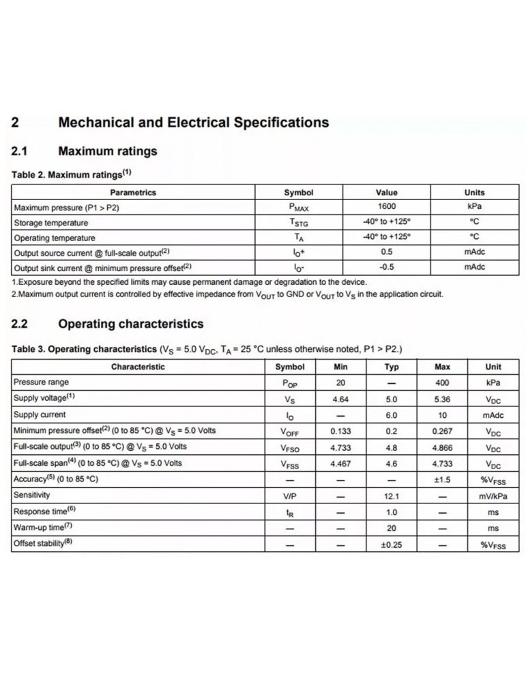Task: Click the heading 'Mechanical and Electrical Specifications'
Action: [x=194, y=123]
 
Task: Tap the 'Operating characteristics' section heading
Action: [x=131, y=323]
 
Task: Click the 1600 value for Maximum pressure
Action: [x=386, y=207]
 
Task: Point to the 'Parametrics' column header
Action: [x=133, y=193]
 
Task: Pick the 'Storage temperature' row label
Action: [x=51, y=223]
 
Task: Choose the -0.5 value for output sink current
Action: [x=386, y=267]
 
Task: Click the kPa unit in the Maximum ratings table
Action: [x=474, y=207]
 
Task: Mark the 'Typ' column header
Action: [x=392, y=367]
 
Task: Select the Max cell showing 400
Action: [x=442, y=382]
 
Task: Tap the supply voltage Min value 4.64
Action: [x=340, y=398]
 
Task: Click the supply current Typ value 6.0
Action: [x=392, y=415]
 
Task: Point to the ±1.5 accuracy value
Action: [x=442, y=479]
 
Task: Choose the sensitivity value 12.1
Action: [x=392, y=495]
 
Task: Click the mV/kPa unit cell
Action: [x=493, y=495]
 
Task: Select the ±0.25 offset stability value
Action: [x=392, y=544]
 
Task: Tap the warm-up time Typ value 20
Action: [x=392, y=527]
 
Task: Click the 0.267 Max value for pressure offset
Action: [x=442, y=431]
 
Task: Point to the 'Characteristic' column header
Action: [x=138, y=367]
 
